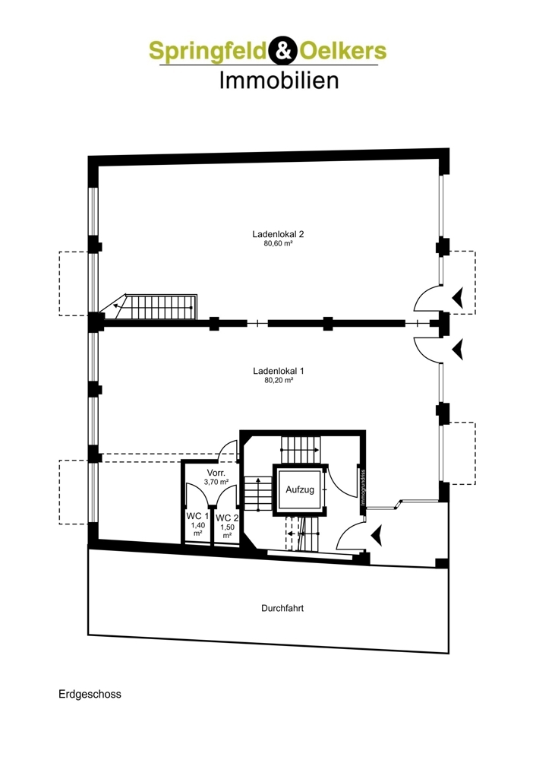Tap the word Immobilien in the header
point(279,81)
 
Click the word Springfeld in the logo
point(207,52)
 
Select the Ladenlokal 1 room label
point(279,371)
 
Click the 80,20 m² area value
point(279,382)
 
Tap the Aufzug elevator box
point(300,490)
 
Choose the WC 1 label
point(197,516)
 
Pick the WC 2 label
point(226,518)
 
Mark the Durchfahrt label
point(282,608)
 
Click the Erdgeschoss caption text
point(89,694)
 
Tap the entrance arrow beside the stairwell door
point(376,537)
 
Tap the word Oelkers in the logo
point(344,52)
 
